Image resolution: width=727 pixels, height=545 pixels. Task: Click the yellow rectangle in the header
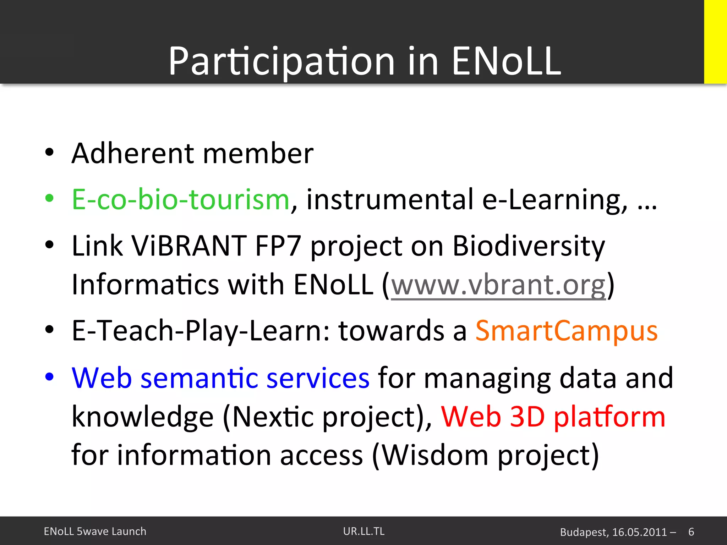tap(715, 42)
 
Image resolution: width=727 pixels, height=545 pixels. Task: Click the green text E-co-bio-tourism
tap(180, 200)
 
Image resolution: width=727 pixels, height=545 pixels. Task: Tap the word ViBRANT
tap(189, 246)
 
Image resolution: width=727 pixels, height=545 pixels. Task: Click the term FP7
tap(278, 246)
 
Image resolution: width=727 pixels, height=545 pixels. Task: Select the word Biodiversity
tap(528, 246)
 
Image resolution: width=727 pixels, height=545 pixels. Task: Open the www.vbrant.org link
tap(498, 285)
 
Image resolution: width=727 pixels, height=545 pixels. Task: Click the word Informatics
tap(145, 285)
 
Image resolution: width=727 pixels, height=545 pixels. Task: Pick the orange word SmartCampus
tap(566, 331)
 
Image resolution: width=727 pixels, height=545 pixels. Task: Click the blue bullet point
tap(49, 376)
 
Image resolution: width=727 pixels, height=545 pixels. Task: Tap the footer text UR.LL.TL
tap(363, 531)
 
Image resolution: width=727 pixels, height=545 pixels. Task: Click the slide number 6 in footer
tap(691, 532)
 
